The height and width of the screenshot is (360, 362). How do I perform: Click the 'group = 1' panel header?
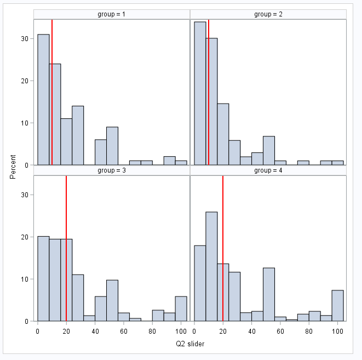111,14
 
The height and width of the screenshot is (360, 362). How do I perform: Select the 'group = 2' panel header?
268,14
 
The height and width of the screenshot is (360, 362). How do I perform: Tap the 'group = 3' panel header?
111,170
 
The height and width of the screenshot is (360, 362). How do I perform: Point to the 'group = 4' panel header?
268,170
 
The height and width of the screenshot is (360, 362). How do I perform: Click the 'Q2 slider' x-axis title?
189,344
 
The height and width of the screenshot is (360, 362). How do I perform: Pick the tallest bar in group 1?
43,99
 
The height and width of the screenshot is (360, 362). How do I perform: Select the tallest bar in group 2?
200,93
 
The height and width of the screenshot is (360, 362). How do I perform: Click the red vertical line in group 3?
66,247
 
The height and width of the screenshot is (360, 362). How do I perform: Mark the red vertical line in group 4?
223,247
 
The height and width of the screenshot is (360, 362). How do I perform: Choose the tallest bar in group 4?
211,266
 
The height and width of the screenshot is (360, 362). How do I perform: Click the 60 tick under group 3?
124,331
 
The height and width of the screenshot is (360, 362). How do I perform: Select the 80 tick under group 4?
309,331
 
